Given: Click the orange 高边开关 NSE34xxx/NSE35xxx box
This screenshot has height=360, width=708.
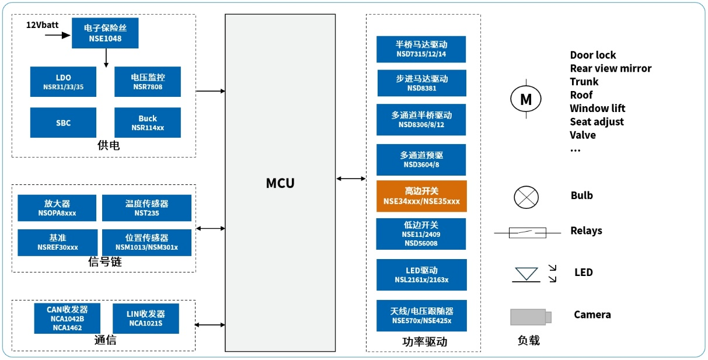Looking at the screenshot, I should tap(421, 196).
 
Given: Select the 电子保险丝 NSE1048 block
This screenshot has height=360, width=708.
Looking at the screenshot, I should tap(105, 33).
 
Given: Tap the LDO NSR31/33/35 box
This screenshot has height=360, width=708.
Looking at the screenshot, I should tap(63, 82).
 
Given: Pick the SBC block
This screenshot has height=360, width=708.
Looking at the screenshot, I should tap(63, 123).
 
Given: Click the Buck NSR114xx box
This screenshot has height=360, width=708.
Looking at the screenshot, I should tap(147, 123).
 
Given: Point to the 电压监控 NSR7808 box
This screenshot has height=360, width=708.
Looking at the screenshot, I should tap(147, 82).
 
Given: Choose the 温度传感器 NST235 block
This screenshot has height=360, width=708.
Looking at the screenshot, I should tap(147, 208).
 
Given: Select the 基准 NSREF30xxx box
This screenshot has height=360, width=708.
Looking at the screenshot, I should tap(57, 243).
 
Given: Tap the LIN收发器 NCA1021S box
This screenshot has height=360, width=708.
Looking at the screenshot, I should tap(145, 319).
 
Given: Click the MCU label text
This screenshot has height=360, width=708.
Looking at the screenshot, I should tap(280, 183).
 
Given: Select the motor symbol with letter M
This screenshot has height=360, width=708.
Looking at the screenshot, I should tap(526, 99).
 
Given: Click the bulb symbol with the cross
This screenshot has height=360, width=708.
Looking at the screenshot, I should tap(526, 197).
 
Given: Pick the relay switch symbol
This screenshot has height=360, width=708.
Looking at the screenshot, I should tap(527, 233).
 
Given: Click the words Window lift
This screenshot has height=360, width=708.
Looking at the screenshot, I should tap(597, 108).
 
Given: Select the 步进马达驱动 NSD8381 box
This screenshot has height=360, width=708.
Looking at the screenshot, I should tap(421, 83).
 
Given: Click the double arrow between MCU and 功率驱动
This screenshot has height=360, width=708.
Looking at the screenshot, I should tap(351, 179).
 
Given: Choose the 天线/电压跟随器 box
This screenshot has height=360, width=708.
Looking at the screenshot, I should tap(421, 316).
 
